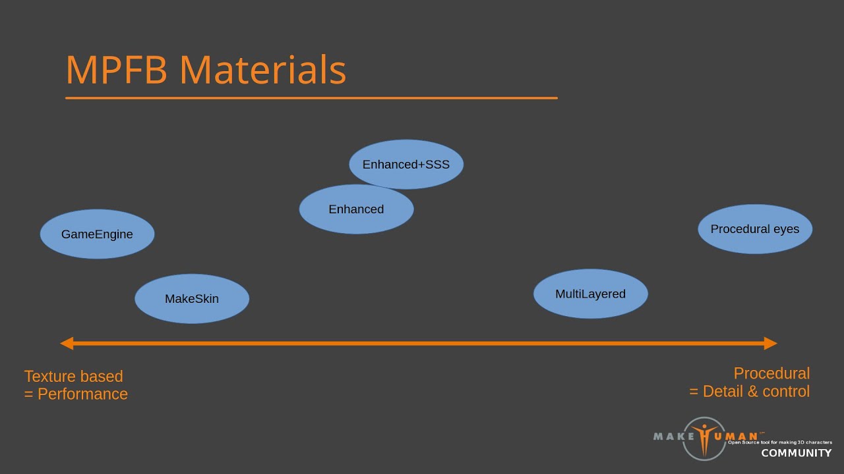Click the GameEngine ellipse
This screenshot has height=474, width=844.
click(97, 234)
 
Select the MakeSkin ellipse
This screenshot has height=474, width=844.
click(192, 299)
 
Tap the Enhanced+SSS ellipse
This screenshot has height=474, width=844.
click(406, 165)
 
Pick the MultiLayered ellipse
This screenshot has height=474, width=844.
click(590, 294)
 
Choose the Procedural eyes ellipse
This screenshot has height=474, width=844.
click(755, 229)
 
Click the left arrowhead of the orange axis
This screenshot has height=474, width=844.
click(66, 343)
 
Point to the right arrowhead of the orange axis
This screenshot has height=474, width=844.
click(771, 343)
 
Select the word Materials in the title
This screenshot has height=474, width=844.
click(262, 70)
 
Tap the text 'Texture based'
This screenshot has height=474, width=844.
click(73, 377)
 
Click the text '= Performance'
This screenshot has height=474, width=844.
click(76, 394)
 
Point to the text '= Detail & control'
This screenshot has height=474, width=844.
click(749, 391)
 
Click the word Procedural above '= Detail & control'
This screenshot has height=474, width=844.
click(771, 373)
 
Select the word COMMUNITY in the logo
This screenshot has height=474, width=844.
click(797, 453)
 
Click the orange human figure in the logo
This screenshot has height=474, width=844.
click(704, 438)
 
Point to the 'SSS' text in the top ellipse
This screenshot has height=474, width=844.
click(437, 165)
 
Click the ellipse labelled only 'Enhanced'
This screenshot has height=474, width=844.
click(356, 209)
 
